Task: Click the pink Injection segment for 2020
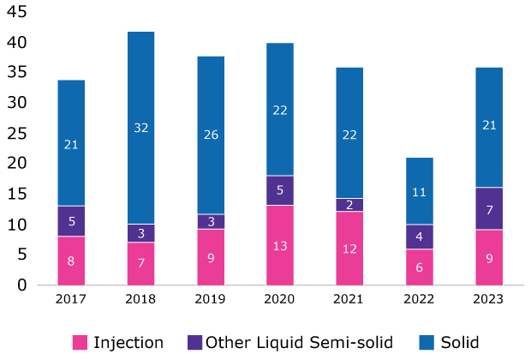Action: (280, 244)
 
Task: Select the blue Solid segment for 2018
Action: (140, 128)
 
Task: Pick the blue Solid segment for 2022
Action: (420, 191)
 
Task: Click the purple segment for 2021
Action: (349, 204)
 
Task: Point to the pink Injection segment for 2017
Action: (71, 260)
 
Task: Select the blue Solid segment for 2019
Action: (211, 135)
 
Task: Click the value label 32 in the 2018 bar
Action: (140, 128)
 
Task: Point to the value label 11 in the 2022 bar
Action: (420, 193)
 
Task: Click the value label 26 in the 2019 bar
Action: (211, 135)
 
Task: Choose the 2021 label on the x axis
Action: (349, 300)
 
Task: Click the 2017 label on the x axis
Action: (71, 300)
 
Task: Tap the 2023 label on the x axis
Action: (489, 300)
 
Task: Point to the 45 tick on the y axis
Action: (18, 12)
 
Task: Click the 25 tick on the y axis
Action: (18, 133)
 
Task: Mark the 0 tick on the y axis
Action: (22, 285)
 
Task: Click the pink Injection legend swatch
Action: (80, 343)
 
